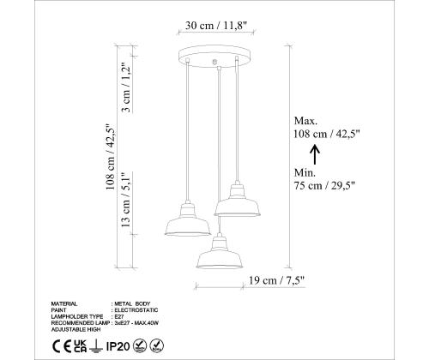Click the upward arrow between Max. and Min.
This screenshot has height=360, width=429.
click(315, 154)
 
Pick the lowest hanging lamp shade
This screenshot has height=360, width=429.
click(219, 255)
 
